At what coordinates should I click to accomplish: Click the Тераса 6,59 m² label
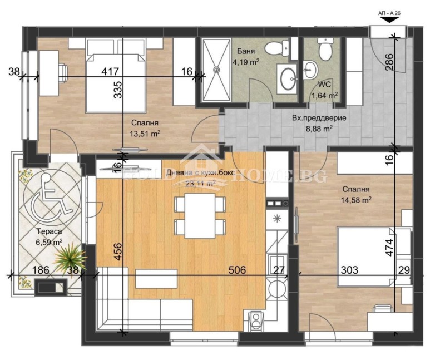[49, 237]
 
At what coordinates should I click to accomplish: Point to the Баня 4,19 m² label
[245, 57]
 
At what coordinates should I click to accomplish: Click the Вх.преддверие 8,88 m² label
[312, 123]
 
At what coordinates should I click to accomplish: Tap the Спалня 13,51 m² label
[146, 127]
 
